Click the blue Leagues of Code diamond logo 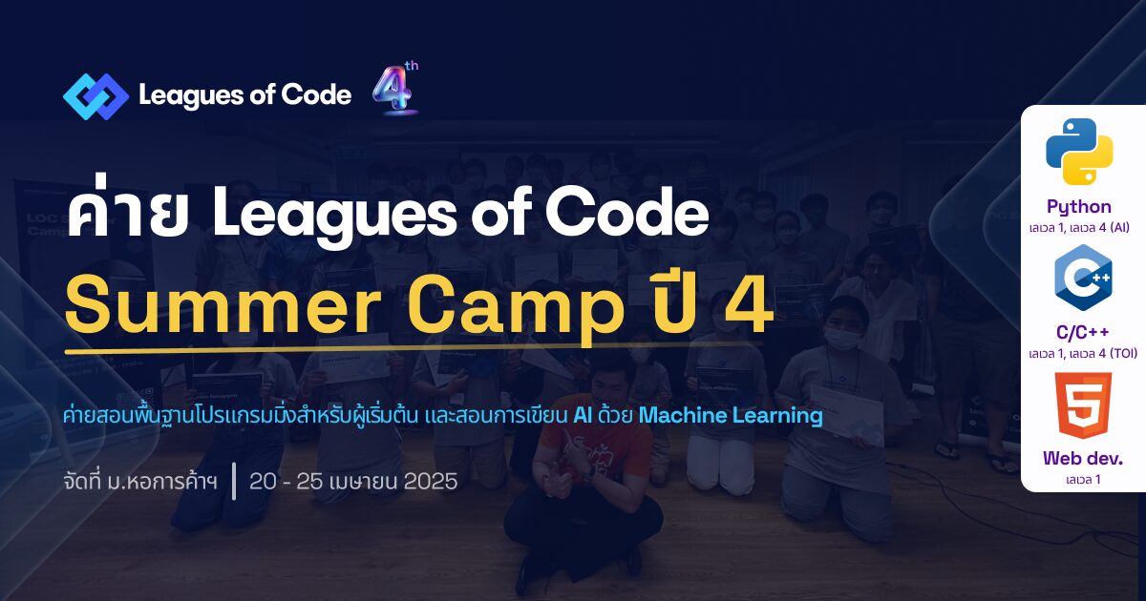pyautogui.click(x=96, y=96)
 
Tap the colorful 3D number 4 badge pyautogui.click(x=395, y=88)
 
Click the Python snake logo pyautogui.click(x=1079, y=152)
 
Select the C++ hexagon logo pyautogui.click(x=1083, y=278)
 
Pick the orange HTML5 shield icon pyautogui.click(x=1083, y=405)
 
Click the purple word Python pyautogui.click(x=1079, y=207)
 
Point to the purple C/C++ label pyautogui.click(x=1083, y=332)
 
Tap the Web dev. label pyautogui.click(x=1083, y=458)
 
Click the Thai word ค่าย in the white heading pyautogui.click(x=127, y=211)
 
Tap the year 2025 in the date pyautogui.click(x=431, y=482)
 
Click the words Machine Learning pyautogui.click(x=731, y=416)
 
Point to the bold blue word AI pyautogui.click(x=583, y=416)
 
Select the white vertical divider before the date pyautogui.click(x=234, y=481)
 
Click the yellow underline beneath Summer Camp pyautogui.click(x=414, y=348)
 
